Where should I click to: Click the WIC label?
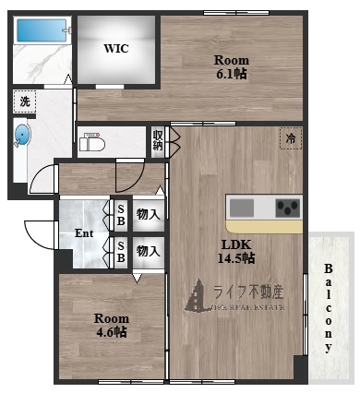[115, 48]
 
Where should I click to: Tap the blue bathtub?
[40, 30]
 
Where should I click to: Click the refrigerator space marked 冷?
[291, 139]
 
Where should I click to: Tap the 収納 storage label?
[158, 140]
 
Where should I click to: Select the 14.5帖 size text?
[237, 258]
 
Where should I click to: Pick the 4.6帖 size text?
[111, 333]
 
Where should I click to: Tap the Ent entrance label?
[84, 232]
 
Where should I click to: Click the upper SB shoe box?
[121, 214]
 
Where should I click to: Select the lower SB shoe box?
[121, 250]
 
